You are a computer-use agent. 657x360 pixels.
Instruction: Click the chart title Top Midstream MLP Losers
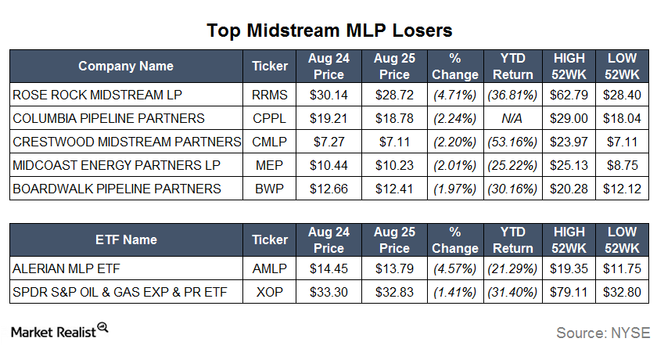[329, 31]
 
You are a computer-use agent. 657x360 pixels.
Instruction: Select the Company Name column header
[126, 67]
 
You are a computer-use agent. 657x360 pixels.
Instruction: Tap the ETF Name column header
[126, 239]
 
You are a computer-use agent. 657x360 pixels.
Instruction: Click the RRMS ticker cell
[270, 95]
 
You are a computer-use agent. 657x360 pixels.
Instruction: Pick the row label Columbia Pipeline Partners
[109, 118]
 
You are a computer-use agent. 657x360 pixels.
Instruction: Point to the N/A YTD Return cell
[514, 118]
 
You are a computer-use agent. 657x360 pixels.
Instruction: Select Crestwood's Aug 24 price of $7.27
[325, 142]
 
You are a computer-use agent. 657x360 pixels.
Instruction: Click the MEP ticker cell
[270, 165]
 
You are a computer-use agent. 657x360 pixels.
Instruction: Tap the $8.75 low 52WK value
[623, 165]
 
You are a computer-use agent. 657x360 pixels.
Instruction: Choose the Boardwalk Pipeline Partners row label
[117, 189]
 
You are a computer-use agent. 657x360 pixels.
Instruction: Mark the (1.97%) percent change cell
[454, 189]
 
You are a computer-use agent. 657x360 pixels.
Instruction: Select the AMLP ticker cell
[270, 268]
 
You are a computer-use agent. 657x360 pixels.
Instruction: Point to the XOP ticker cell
[270, 292]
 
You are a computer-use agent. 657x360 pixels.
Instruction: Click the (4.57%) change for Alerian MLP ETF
[454, 268]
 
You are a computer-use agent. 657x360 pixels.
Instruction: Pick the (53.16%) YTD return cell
[514, 142]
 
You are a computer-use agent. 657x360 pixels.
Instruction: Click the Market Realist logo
[59, 331]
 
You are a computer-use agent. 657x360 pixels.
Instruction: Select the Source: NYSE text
[602, 333]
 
